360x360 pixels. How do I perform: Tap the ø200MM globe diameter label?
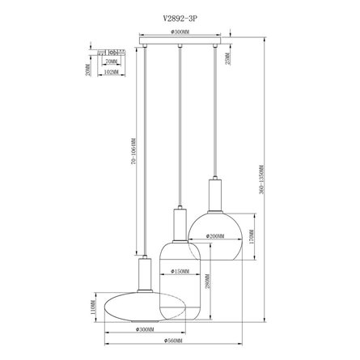[x=214, y=236]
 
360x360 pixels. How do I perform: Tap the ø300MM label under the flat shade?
[x=146, y=329]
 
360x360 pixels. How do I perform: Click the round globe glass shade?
[x=214, y=236]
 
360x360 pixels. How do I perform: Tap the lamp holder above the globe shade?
[x=214, y=195]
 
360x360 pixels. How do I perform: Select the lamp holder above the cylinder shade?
[x=180, y=222]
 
